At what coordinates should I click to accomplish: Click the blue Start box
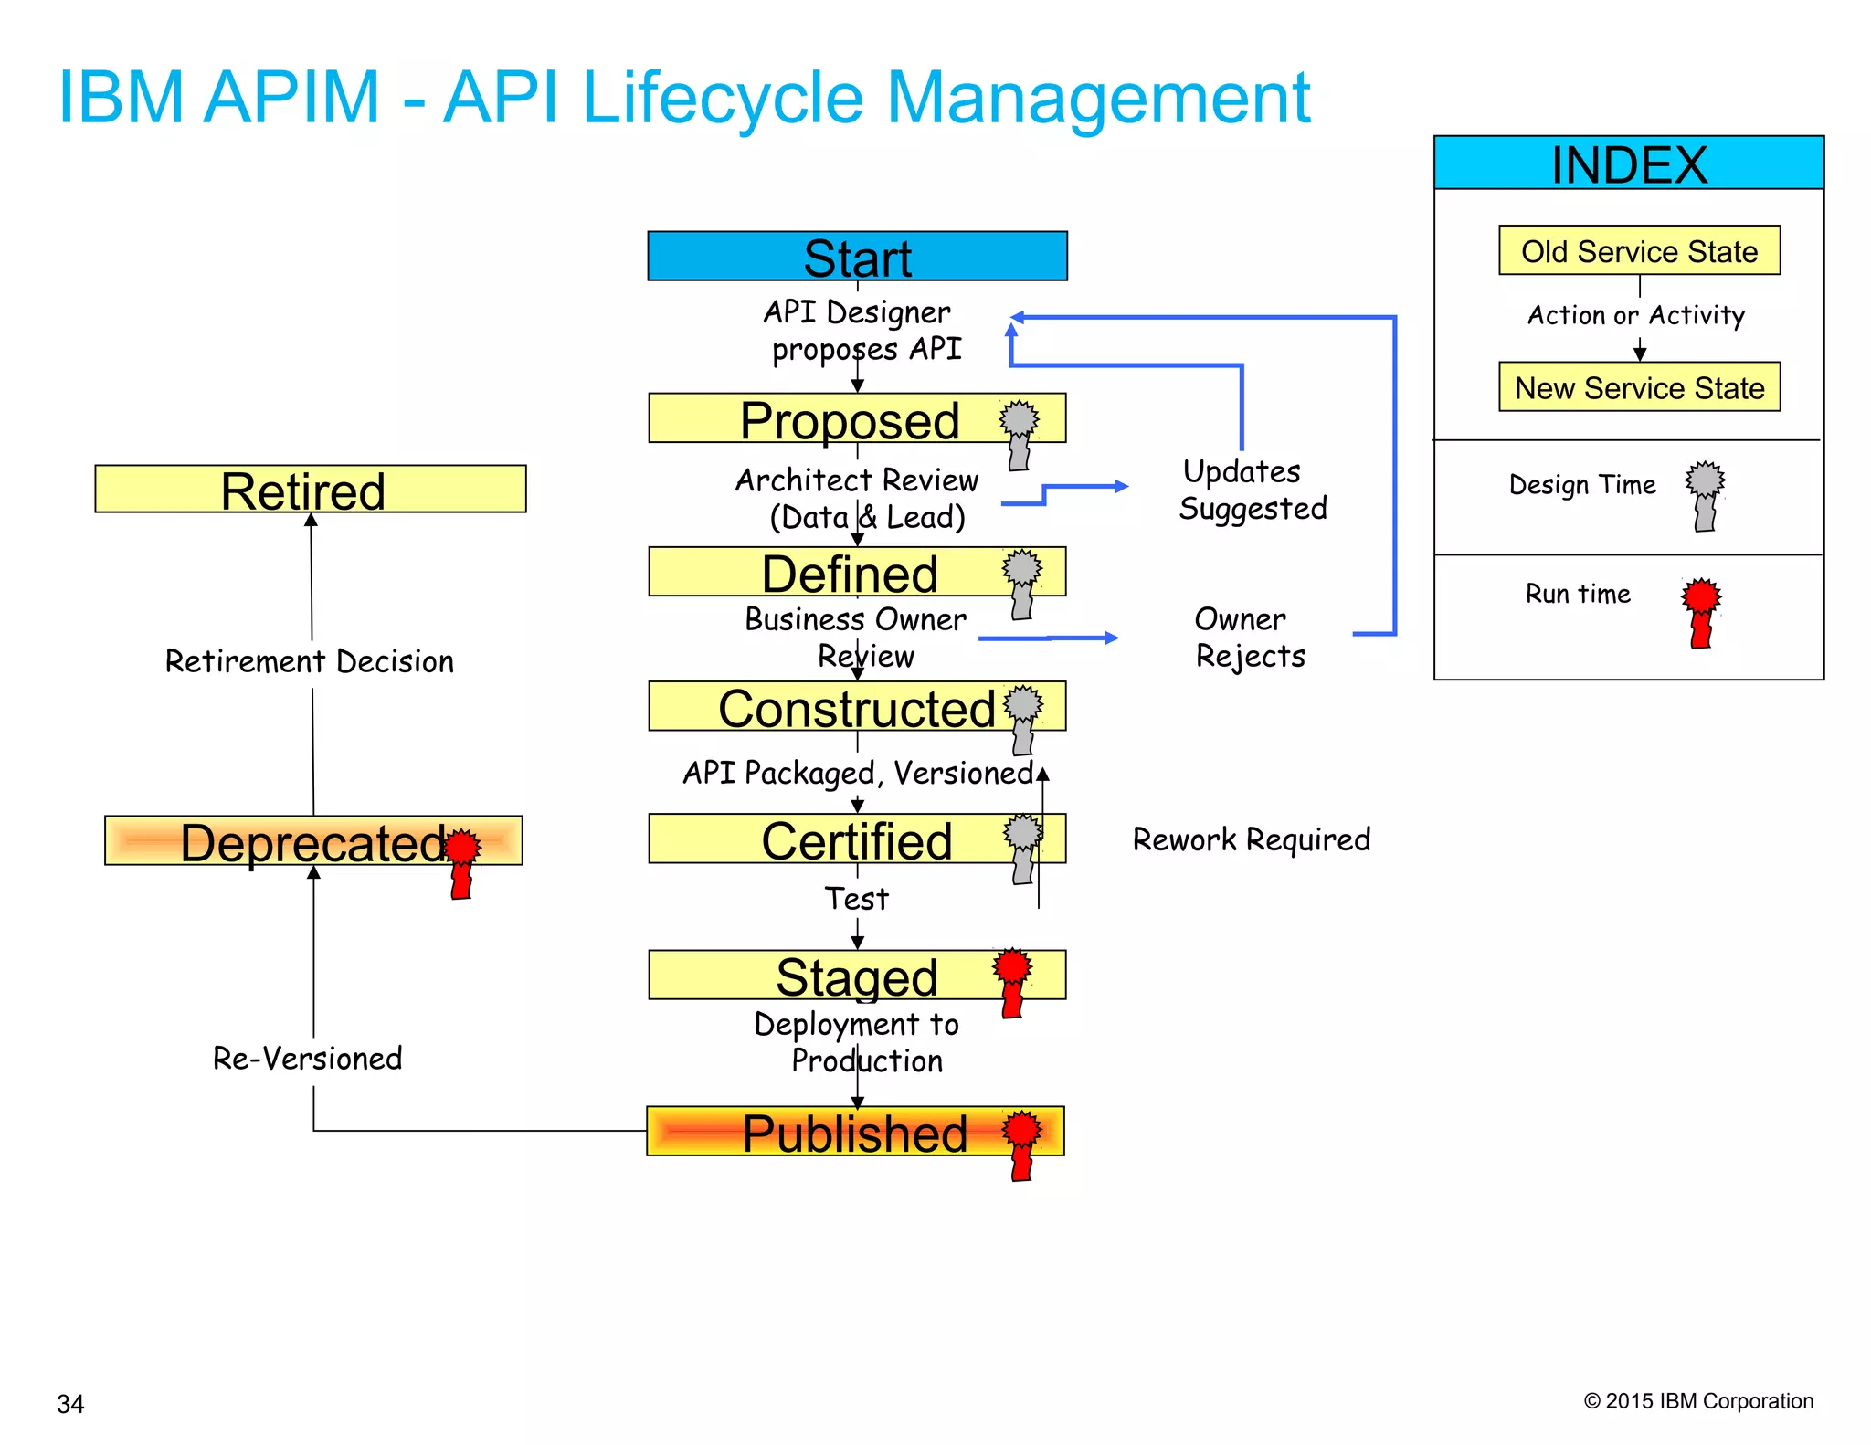[857, 257]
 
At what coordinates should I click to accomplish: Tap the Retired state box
[310, 490]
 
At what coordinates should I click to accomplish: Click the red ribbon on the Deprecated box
[462, 861]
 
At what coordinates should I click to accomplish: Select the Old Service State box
[1639, 250]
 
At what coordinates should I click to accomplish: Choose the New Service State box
[1639, 387]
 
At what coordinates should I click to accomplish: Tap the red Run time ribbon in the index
[1700, 611]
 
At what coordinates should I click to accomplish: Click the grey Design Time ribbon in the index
[1705, 494]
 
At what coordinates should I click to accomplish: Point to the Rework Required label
[1251, 839]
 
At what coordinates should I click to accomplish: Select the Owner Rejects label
[1249, 637]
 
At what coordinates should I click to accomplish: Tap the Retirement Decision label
[309, 661]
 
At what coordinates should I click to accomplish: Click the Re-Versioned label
[307, 1058]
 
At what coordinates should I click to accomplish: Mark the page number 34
[70, 1403]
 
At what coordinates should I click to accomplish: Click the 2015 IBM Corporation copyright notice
[1697, 1400]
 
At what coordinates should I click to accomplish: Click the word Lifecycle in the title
[722, 98]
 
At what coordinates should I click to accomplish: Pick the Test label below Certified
[856, 898]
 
